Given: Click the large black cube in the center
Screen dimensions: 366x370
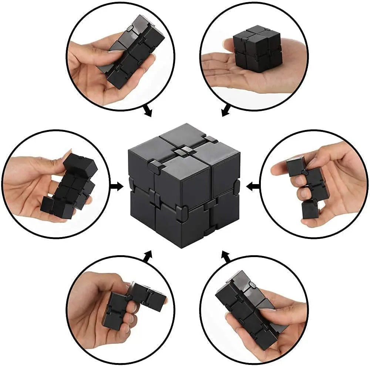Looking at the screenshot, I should point(184,185).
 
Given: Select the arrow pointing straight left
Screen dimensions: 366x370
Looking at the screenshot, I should point(253,186).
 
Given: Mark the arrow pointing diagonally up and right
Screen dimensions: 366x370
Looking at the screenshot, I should point(148,256).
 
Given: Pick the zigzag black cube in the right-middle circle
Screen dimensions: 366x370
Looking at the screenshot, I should point(305,185).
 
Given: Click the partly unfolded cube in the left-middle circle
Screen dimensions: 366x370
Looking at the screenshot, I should point(70,185).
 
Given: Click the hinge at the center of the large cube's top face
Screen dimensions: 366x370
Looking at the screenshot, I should point(184,151).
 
